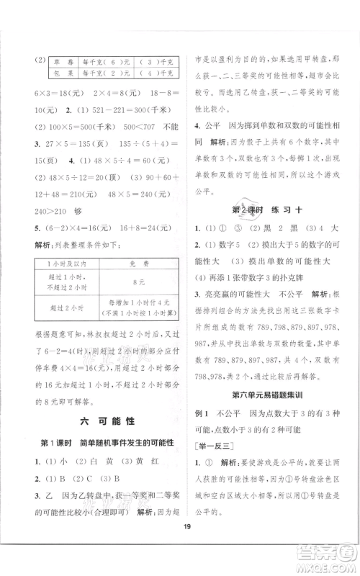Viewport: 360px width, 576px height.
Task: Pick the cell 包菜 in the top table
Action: (x=48, y=73)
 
